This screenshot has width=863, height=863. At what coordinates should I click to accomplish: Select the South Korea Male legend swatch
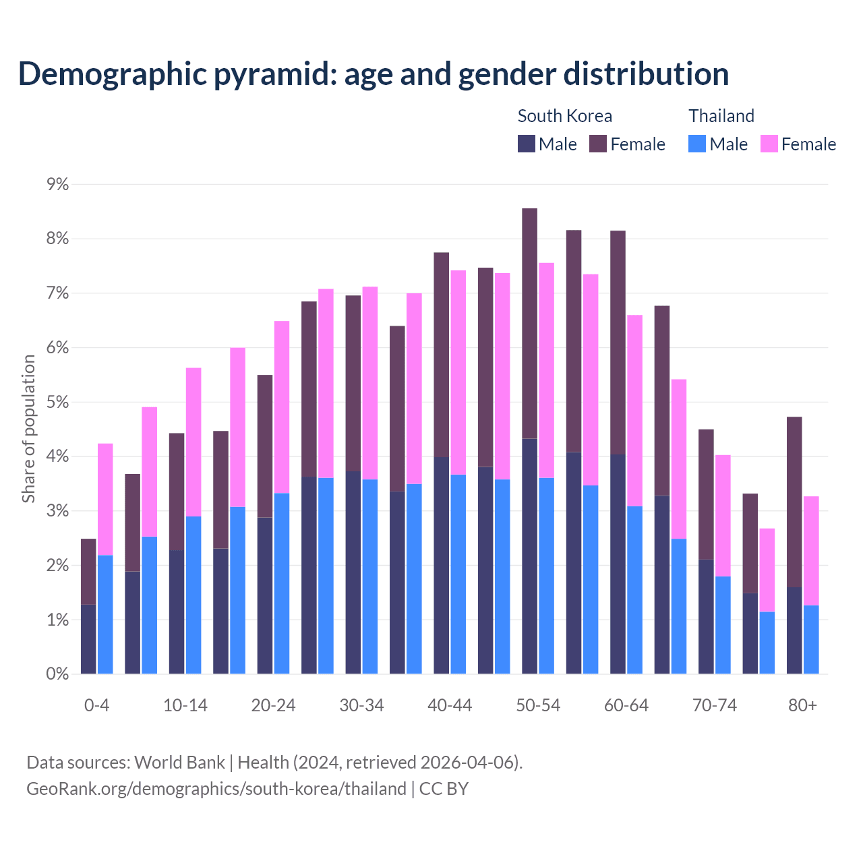click(x=527, y=144)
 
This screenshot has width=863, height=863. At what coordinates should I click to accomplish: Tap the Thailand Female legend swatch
click(x=769, y=144)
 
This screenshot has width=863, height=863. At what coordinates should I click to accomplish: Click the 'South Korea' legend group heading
click(x=564, y=116)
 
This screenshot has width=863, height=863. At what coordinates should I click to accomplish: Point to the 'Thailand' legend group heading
click(x=721, y=116)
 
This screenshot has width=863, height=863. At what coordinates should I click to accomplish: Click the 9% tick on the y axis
click(x=57, y=184)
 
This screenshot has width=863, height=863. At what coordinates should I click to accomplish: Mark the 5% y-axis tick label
click(x=57, y=403)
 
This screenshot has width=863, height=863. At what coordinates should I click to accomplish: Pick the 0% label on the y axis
click(x=57, y=674)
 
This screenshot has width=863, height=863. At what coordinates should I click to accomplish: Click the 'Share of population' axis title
click(x=28, y=429)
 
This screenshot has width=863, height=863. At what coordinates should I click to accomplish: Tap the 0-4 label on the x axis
click(x=96, y=705)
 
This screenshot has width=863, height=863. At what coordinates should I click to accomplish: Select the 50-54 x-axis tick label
click(x=538, y=705)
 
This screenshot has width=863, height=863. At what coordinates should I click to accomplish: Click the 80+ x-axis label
click(x=802, y=705)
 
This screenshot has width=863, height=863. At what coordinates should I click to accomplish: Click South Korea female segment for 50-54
click(x=530, y=324)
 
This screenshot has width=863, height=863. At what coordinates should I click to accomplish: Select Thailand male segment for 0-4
click(x=105, y=614)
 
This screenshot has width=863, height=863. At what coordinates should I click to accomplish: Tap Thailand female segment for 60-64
click(x=635, y=411)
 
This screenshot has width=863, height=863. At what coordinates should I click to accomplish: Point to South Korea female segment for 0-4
click(x=88, y=572)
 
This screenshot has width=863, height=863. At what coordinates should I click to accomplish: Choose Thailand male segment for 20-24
click(x=282, y=583)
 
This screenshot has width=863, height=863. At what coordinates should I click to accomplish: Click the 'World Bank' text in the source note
click(x=179, y=763)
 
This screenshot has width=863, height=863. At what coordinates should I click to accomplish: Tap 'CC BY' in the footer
click(x=444, y=789)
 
